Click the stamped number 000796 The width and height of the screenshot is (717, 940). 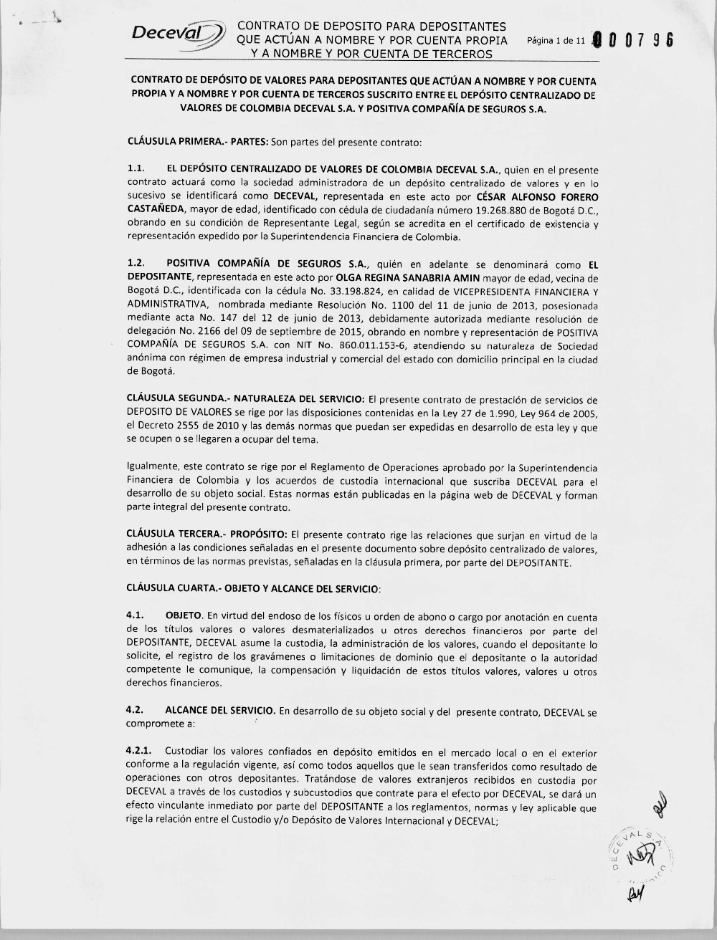(x=634, y=41)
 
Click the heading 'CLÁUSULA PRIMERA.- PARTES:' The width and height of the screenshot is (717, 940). (x=189, y=142)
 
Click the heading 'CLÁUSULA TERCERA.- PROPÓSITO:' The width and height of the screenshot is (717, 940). (x=207, y=534)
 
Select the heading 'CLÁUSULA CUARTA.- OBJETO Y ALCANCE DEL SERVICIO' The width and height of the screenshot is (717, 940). (x=253, y=588)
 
